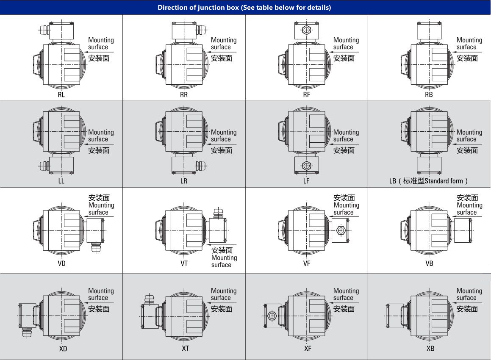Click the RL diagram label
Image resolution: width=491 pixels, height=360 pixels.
pyautogui.click(x=61, y=94)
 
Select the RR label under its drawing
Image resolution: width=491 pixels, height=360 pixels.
pyautogui.click(x=184, y=94)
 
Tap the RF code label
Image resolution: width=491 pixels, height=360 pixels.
pyautogui.click(x=307, y=94)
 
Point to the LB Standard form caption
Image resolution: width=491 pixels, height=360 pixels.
pyautogui.click(x=429, y=181)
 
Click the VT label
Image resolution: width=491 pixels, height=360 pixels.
pyautogui.click(x=184, y=263)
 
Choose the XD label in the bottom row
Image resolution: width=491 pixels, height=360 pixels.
pyautogui.click(x=63, y=349)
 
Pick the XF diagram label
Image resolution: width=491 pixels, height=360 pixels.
pyautogui.click(x=308, y=349)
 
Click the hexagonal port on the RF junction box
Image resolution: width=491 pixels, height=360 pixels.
pyautogui.click(x=307, y=30)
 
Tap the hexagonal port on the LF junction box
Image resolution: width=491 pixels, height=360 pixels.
pyautogui.click(x=307, y=166)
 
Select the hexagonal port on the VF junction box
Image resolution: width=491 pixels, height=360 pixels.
pyautogui.click(x=340, y=231)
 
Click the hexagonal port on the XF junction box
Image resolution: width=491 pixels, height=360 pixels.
pyautogui.click(x=272, y=316)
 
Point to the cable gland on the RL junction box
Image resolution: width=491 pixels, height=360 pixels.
pyautogui.click(x=44, y=30)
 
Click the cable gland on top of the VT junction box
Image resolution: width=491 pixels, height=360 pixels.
pyautogui.click(x=218, y=213)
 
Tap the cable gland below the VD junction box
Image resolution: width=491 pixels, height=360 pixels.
pyautogui.click(x=95, y=247)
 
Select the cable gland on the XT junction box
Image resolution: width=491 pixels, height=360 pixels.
pyautogui.click(x=150, y=299)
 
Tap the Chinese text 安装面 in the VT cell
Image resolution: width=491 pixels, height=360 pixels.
pyautogui.click(x=222, y=250)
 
